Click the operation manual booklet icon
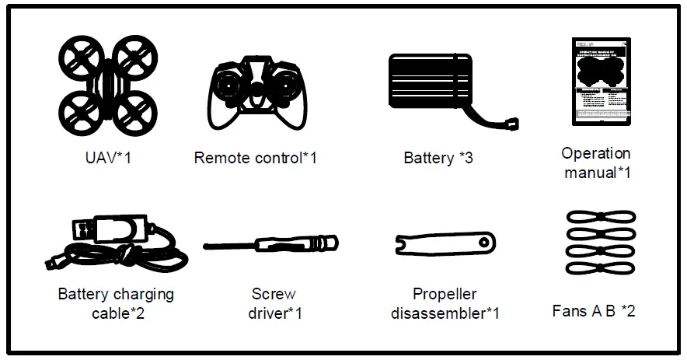[x=601, y=82]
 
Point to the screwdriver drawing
[x=270, y=244]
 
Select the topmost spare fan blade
[x=601, y=218]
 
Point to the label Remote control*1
[x=255, y=158]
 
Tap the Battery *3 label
[x=438, y=158]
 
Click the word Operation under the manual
[x=595, y=153]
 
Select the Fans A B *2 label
[x=593, y=311]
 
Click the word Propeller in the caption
[x=445, y=295]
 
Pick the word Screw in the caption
[x=273, y=295]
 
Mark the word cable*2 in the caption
[x=117, y=313]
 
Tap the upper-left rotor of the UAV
[x=80, y=58]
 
